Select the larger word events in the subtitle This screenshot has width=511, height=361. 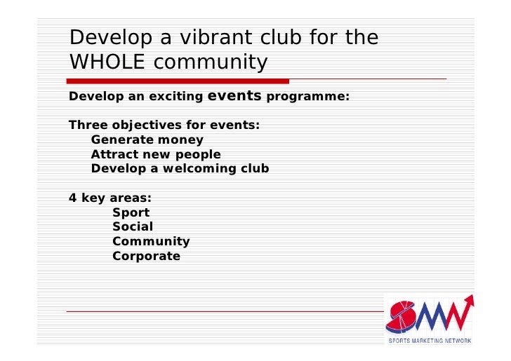[x=234, y=95]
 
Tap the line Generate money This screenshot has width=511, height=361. [x=147, y=139]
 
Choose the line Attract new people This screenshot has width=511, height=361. [x=155, y=154]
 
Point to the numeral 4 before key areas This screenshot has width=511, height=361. [x=72, y=198]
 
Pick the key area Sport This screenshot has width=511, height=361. [x=131, y=212]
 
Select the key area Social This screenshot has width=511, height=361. [x=132, y=227]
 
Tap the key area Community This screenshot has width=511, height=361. [x=151, y=242]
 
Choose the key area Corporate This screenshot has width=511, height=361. [x=146, y=257]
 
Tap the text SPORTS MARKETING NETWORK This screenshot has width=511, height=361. [x=430, y=341]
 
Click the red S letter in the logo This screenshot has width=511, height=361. [x=404, y=316]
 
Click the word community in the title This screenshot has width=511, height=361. [x=211, y=62]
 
